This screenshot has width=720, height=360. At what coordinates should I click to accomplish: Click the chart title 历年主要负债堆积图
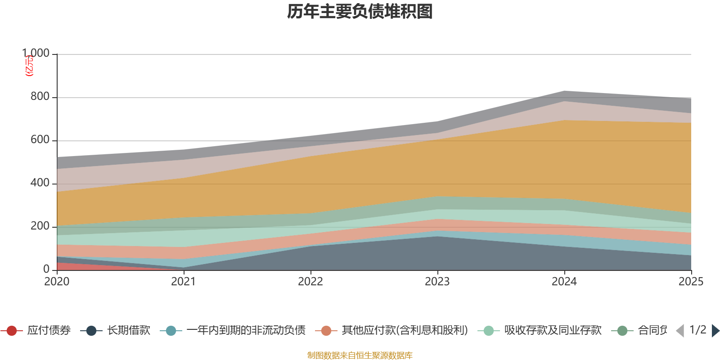point(360,12)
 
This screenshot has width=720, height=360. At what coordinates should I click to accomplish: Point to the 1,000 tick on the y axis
point(36,54)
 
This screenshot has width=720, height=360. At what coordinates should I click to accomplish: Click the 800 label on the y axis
point(40,97)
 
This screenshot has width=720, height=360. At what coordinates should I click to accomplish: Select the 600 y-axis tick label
point(40,140)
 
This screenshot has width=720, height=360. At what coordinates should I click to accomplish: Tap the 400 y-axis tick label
point(40,183)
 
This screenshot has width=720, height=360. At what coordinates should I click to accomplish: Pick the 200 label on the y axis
point(40,226)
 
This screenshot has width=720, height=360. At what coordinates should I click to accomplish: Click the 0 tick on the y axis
point(46,269)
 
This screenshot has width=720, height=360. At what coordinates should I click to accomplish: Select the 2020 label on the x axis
point(57,282)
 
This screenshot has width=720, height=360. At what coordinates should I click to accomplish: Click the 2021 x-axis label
point(184,282)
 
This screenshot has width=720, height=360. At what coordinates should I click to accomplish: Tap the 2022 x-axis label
point(310,282)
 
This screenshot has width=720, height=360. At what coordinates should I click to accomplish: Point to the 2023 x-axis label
point(437,282)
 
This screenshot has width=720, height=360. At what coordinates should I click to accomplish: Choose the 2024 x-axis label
point(564,282)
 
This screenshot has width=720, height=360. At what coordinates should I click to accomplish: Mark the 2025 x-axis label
point(691,282)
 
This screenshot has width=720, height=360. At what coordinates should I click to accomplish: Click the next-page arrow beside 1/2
point(715,331)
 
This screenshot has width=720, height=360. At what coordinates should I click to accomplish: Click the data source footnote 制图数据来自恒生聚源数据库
point(360,355)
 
